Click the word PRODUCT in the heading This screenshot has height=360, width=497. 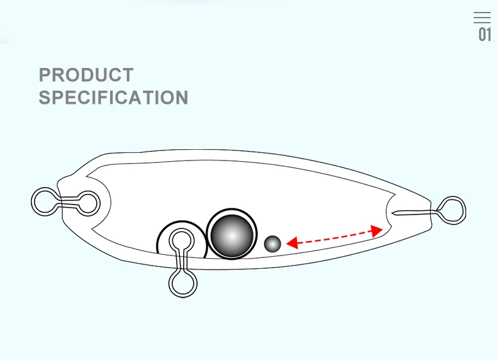(86, 75)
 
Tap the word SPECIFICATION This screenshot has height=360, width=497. (113, 98)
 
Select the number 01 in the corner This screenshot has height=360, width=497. (484, 35)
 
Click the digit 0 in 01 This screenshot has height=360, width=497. (481, 35)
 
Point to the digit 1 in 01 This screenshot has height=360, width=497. (489, 35)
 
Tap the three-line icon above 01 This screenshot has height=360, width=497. (482, 18)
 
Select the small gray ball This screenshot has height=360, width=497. (272, 244)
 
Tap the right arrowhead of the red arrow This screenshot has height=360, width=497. (377, 230)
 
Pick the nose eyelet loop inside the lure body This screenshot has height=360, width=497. (87, 203)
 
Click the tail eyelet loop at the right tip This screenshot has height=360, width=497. (452, 209)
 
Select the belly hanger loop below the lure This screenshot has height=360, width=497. (182, 282)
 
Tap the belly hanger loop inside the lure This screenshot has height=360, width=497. (182, 240)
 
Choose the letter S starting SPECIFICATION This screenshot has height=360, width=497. (45, 98)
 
